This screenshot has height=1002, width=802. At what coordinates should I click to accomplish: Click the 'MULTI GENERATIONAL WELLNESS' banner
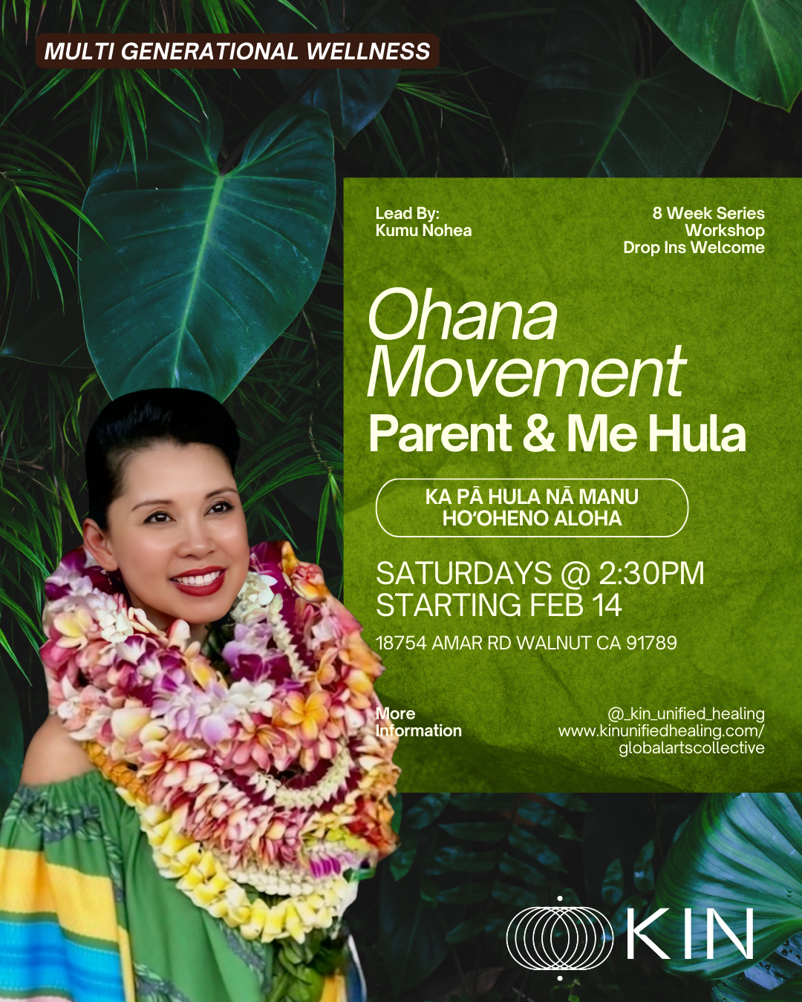pyautogui.click(x=237, y=51)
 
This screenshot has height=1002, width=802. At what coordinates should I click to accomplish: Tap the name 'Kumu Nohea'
pyautogui.click(x=423, y=231)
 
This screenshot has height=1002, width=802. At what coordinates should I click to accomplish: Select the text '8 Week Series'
pyautogui.click(x=708, y=213)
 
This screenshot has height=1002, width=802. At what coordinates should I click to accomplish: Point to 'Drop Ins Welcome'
pyautogui.click(x=694, y=248)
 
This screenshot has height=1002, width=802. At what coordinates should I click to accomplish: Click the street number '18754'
pyautogui.click(x=401, y=643)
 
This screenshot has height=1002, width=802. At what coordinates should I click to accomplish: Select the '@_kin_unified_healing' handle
pyautogui.click(x=685, y=714)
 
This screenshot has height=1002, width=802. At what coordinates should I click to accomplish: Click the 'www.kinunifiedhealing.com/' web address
pyautogui.click(x=661, y=731)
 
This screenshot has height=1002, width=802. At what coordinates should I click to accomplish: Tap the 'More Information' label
pyautogui.click(x=419, y=722)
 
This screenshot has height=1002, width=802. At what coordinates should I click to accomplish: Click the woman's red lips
pyautogui.click(x=198, y=580)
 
